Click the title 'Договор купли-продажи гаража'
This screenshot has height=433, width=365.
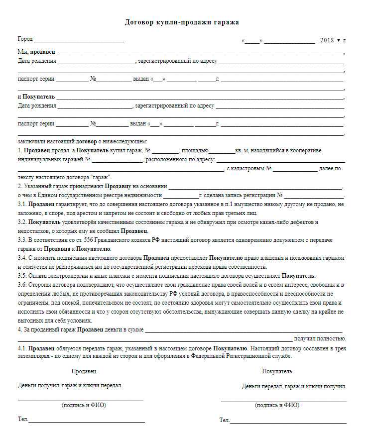tap(182, 22)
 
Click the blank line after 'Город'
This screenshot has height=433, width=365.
tap(78, 40)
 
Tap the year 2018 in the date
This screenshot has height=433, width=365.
tap(327, 40)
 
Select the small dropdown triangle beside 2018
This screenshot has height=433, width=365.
tap(339, 40)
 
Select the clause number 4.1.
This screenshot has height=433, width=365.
tap(22, 348)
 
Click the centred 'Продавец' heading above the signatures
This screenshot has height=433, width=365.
tap(84, 371)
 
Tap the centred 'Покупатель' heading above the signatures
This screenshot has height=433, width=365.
tap(277, 371)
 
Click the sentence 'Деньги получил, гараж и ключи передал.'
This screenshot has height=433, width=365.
tap(70, 385)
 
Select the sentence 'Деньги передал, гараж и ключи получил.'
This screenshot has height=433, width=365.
tap(294, 386)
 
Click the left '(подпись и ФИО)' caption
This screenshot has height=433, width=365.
tap(84, 405)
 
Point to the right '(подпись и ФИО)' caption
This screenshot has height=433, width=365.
tap(277, 405)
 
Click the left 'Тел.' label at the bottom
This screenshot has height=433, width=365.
tap(23, 420)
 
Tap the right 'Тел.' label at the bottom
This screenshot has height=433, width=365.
tap(225, 420)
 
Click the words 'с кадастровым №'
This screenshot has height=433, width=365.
tap(248, 169)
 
